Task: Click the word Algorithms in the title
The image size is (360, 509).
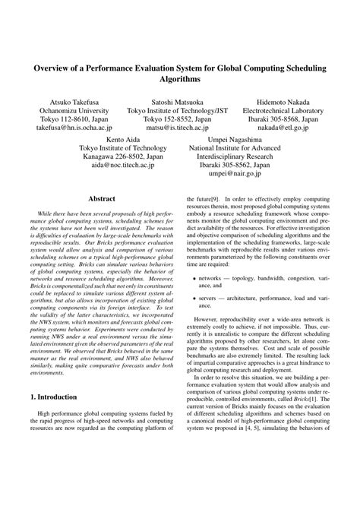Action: [180, 78]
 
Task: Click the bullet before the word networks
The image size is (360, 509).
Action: [196, 300]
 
